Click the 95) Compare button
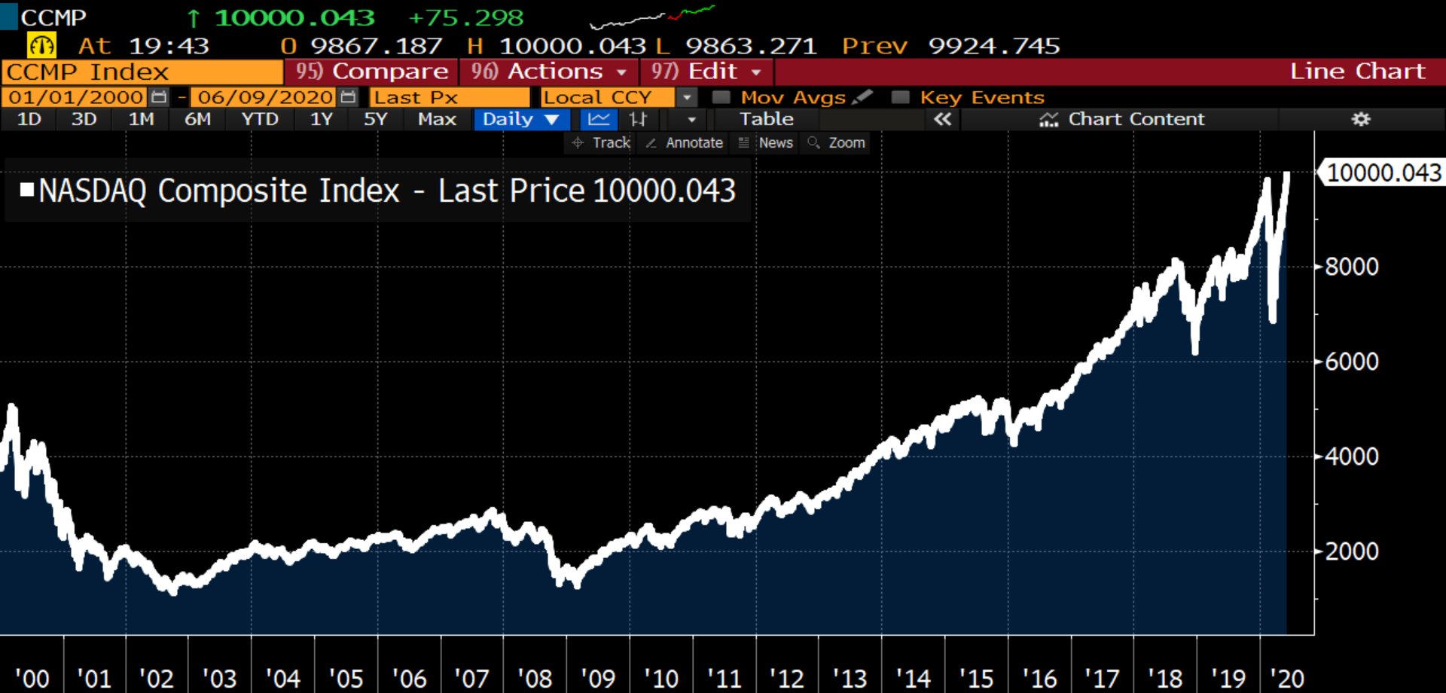[372, 72]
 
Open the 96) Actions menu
[549, 72]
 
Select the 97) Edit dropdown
[706, 72]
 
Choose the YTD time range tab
[260, 119]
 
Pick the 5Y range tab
[375, 119]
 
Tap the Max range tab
[437, 119]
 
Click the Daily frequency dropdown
[520, 119]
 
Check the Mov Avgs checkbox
[721, 97]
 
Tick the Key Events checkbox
[900, 97]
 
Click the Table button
[766, 119]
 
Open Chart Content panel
[1122, 119]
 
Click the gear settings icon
[1361, 119]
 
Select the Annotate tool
[685, 142]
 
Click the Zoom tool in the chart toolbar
[837, 142]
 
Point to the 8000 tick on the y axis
[1351, 267]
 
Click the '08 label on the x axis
[535, 679]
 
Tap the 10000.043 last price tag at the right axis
[1383, 172]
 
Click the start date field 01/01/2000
[76, 97]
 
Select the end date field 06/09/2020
[265, 97]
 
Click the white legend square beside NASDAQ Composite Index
[27, 190]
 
